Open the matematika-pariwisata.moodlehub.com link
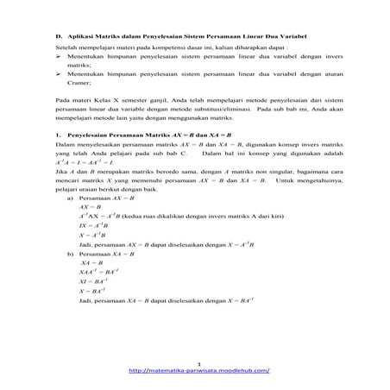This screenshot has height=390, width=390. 198,371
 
